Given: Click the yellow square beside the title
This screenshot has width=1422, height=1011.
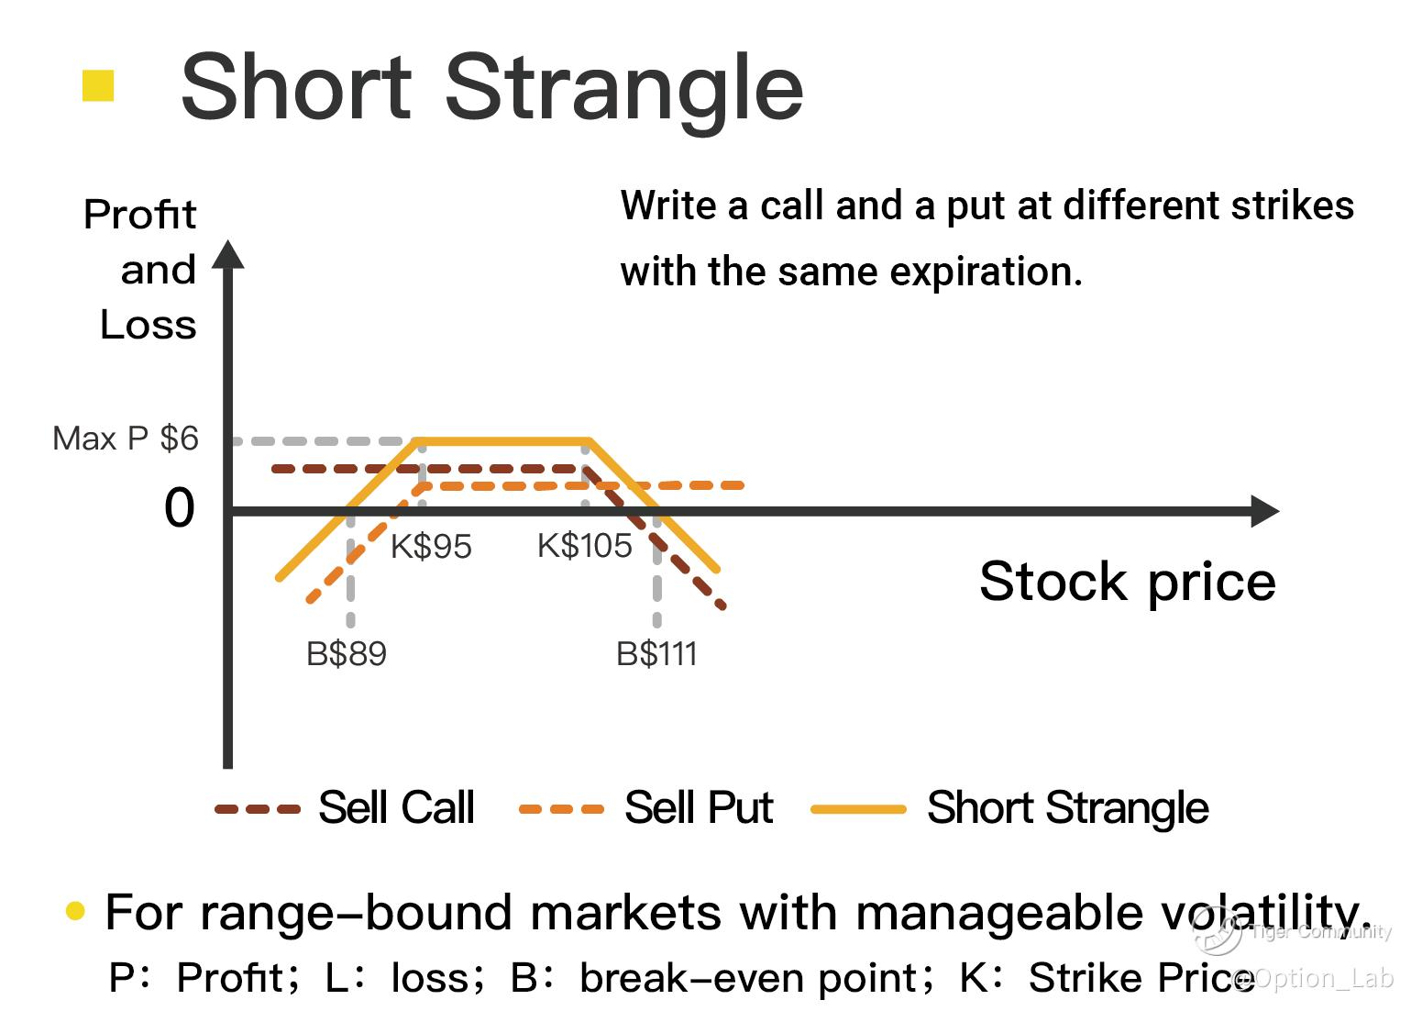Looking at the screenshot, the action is click(98, 85).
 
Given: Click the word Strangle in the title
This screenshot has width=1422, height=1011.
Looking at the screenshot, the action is click(624, 89).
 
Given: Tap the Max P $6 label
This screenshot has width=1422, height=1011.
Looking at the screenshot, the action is click(126, 439).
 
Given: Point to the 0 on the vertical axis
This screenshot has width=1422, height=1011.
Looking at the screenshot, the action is click(179, 508).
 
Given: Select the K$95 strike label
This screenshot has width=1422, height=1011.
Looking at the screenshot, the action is click(431, 546).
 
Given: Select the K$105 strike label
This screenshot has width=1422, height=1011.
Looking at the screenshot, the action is click(585, 546).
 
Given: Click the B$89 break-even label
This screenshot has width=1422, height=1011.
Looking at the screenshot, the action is click(346, 653).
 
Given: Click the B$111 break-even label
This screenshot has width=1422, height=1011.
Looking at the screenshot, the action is click(656, 653).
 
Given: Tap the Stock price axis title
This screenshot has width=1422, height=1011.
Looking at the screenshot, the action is click(1128, 583).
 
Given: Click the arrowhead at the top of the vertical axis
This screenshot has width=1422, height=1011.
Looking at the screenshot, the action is click(228, 254).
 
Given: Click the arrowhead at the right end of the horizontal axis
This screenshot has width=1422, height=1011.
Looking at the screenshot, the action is click(1264, 511).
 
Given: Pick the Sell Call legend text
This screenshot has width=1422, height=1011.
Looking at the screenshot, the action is click(396, 807).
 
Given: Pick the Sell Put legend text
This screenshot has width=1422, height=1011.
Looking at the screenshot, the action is click(699, 807).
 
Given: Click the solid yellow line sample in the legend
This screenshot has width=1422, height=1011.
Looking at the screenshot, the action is click(858, 809).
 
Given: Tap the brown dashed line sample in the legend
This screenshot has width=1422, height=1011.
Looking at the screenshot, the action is click(257, 809).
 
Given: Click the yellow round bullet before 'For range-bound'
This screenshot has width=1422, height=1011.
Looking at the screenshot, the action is click(75, 911).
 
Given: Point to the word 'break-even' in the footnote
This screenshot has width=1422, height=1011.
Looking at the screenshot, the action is click(755, 977).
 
